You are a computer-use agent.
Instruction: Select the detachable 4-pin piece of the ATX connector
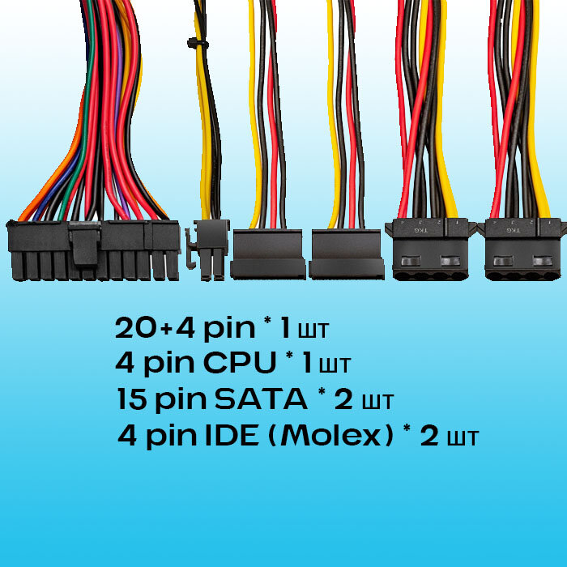tap(164, 249)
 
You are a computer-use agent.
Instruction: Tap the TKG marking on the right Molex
tap(512, 230)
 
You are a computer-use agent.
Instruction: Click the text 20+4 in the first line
tap(154, 328)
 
